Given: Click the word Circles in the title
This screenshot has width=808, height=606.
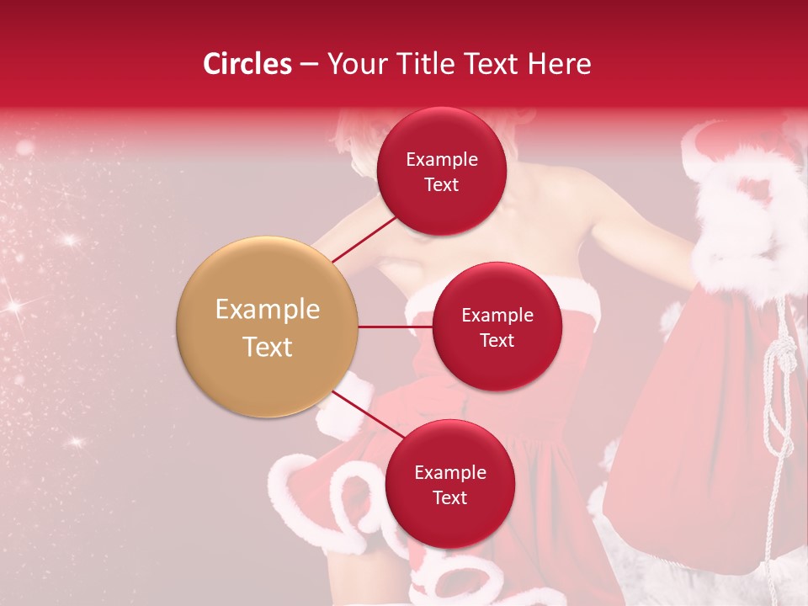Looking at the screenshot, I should pos(247,64).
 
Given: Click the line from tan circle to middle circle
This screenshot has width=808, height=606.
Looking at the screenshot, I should pos(395,327).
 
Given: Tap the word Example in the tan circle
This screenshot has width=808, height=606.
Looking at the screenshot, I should pos(268,310).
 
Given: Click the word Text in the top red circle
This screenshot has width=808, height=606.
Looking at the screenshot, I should pos(441,185).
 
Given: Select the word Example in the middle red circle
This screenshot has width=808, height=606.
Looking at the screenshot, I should pos(497,316).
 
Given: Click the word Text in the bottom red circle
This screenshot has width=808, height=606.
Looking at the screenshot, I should pos(449,498).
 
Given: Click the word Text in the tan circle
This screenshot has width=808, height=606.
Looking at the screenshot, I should pos(268,347).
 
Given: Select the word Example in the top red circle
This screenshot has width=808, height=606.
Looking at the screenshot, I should pos(441,160).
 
